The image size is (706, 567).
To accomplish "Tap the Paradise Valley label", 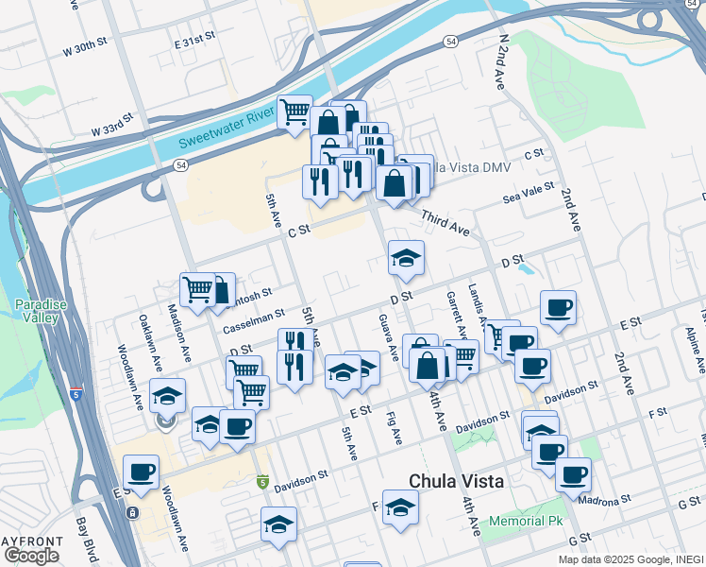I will click(41, 311).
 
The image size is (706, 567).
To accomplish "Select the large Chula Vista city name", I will click(456, 481).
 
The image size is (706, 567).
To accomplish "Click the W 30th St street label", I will click(86, 46).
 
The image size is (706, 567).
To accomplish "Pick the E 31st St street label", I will click(195, 39).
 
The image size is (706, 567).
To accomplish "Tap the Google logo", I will click(31, 555).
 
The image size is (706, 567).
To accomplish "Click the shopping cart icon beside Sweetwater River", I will click(294, 112).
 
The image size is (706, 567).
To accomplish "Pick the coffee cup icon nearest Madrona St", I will click(573, 474).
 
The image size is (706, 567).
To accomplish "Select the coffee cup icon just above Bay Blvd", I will click(141, 472).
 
